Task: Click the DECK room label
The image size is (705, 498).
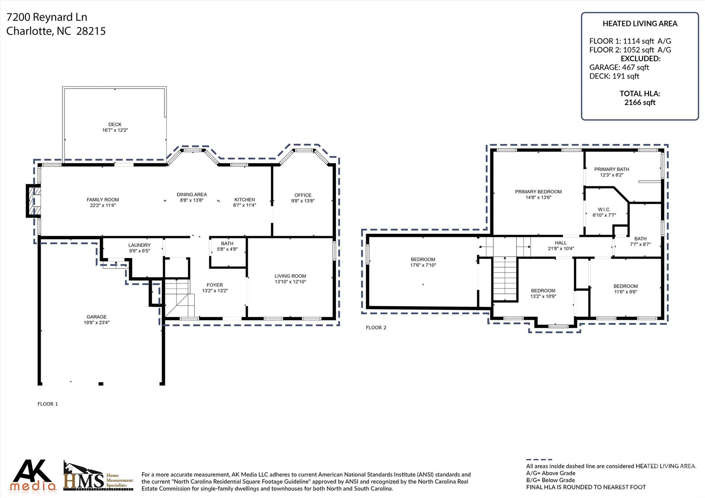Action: (x=115, y=125)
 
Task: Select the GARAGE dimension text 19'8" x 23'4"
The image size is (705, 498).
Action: (x=96, y=322)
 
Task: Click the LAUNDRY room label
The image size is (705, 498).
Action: (x=139, y=245)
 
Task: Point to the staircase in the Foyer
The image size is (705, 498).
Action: (x=177, y=298)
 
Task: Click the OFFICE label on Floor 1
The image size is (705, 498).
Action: (x=303, y=195)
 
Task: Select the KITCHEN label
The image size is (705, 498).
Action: (x=244, y=200)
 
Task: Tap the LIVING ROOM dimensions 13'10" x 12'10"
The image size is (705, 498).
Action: (x=290, y=282)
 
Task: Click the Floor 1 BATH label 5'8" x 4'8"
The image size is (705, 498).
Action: (x=227, y=246)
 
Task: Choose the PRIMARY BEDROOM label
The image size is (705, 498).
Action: (x=538, y=192)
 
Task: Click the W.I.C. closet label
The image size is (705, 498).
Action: (x=604, y=209)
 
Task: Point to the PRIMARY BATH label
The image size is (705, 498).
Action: (x=611, y=169)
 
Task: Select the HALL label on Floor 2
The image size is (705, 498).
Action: (x=560, y=243)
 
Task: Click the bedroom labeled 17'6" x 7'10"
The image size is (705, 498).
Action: (x=423, y=262)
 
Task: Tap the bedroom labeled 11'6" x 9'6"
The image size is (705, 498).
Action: (x=625, y=289)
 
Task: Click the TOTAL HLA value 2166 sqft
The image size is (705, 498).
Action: (x=640, y=102)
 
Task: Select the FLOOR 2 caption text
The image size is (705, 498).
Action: (x=376, y=328)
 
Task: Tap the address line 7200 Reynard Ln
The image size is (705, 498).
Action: (x=47, y=17)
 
